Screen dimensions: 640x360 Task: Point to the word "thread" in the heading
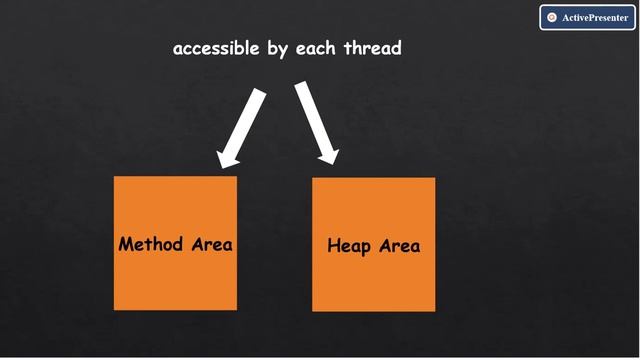pos(371,47)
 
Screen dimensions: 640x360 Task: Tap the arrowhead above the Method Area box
pos(229,155)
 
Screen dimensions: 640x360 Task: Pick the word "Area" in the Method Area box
pos(211,244)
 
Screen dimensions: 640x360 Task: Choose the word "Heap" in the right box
pos(349,246)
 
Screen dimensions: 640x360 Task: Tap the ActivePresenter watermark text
pos(594,18)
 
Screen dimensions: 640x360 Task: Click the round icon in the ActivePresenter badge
pos(551,18)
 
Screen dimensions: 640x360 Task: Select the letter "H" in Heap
pos(334,246)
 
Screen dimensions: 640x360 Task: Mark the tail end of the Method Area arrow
pos(260,93)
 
